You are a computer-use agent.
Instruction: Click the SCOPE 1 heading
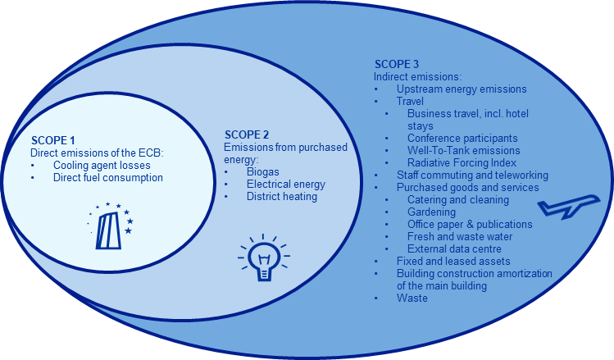53,141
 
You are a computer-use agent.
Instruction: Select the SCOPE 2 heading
247,135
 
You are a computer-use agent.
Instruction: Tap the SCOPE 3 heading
397,64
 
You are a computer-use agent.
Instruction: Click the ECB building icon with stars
110,226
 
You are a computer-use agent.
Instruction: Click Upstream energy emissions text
462,89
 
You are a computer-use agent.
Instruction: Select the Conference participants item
462,138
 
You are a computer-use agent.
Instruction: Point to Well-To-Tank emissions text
463,150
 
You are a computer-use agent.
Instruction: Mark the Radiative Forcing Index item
462,162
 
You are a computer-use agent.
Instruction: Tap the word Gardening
432,212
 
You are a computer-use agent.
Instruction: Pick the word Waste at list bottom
412,298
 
